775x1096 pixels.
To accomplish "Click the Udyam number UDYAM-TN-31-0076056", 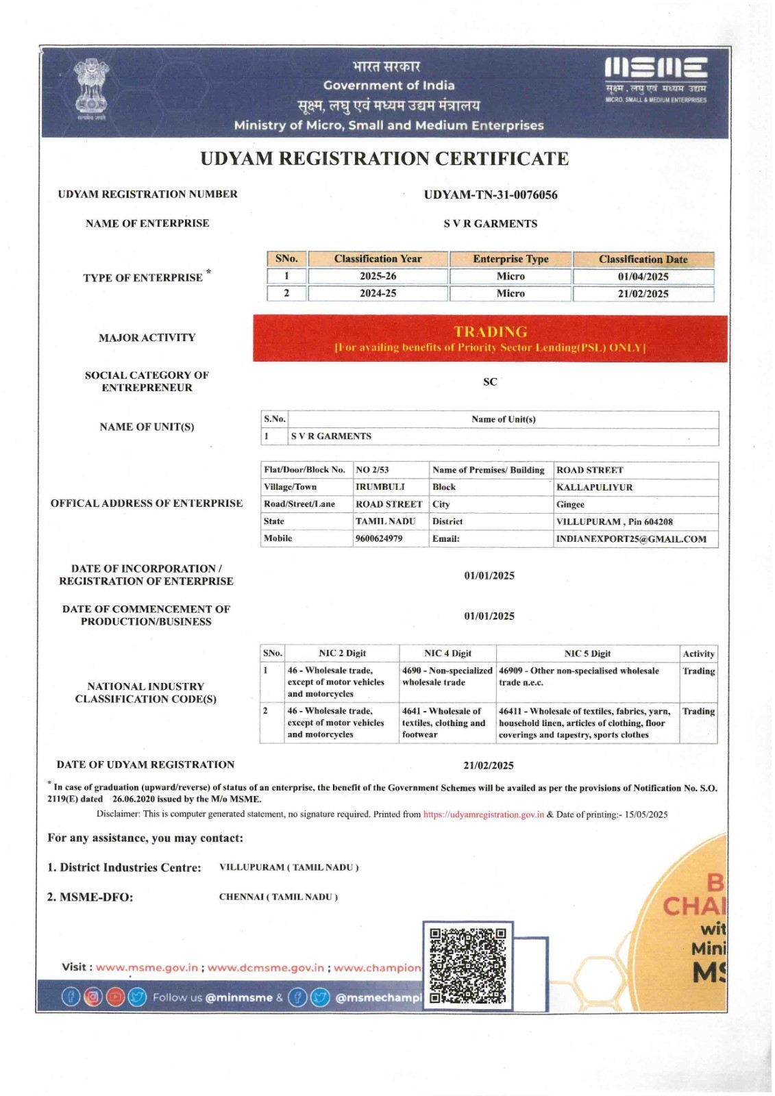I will pyautogui.click(x=491, y=195).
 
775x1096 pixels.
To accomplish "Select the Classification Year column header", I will pyautogui.click(x=378, y=259).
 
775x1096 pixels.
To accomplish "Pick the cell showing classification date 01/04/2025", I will pyautogui.click(x=643, y=277).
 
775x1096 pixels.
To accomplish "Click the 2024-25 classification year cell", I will pyautogui.click(x=378, y=293).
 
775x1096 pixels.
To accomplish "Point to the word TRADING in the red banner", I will pyautogui.click(x=490, y=332).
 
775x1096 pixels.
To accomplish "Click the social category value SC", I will pyautogui.click(x=490, y=382).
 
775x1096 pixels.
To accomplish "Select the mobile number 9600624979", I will pyautogui.click(x=379, y=538).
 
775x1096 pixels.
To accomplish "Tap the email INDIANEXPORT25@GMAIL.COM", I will pyautogui.click(x=631, y=539).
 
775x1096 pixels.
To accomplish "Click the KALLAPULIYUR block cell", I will pyautogui.click(x=594, y=487).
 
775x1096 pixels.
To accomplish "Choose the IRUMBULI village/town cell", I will pyautogui.click(x=380, y=487).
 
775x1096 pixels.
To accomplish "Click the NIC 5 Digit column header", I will pyautogui.click(x=587, y=653).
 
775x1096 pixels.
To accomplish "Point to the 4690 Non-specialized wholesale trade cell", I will pyautogui.click(x=447, y=677).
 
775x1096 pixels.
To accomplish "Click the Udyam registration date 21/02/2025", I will pyautogui.click(x=489, y=765).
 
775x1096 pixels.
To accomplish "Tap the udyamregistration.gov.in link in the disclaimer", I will pyautogui.click(x=483, y=814).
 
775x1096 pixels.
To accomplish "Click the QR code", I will pyautogui.click(x=468, y=964).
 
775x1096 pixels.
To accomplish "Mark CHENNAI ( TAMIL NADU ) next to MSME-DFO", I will pyautogui.click(x=278, y=897).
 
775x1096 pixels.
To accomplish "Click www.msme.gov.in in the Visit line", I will pyautogui.click(x=147, y=968).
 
